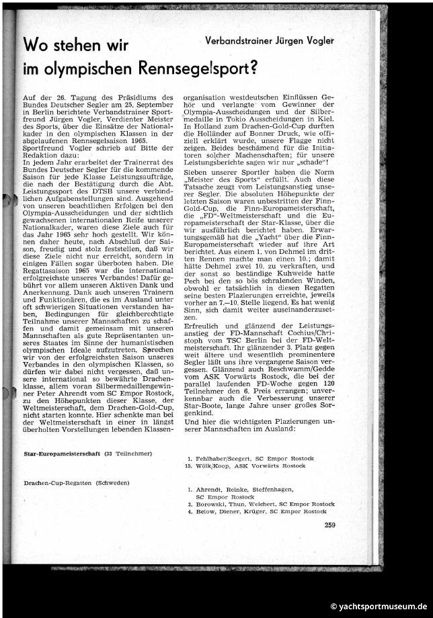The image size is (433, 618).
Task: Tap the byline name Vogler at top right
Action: pos(317,41)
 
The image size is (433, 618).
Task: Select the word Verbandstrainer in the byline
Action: pos(239,41)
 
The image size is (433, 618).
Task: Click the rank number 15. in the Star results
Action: pos(190,465)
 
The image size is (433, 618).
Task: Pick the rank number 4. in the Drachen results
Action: pos(190,511)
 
